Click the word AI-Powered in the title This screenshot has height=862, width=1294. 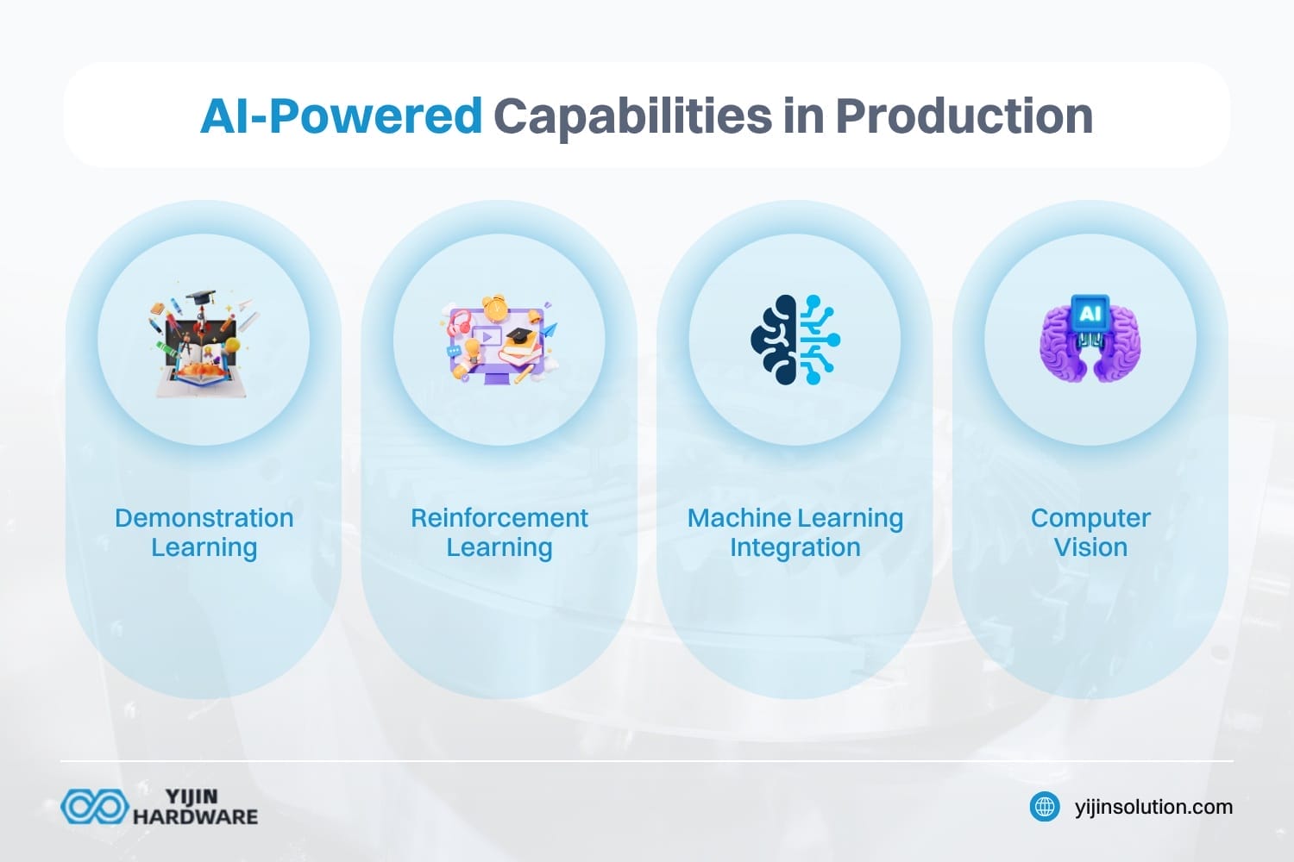(x=341, y=116)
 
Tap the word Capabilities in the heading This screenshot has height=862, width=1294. (x=632, y=117)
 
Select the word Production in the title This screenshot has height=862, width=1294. (x=964, y=116)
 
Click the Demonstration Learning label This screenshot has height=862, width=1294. (x=204, y=534)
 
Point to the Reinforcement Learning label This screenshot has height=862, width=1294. (x=499, y=534)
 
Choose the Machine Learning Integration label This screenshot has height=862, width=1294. (x=795, y=534)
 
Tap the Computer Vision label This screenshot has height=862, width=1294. (x=1090, y=533)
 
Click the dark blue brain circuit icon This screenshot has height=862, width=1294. (x=795, y=340)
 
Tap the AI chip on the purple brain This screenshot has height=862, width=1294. (x=1090, y=314)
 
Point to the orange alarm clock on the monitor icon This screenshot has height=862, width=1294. (x=495, y=307)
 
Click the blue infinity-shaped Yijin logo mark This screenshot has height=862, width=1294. (x=95, y=807)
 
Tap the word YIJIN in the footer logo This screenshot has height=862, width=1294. (x=192, y=796)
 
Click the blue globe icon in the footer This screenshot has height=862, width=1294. (x=1045, y=807)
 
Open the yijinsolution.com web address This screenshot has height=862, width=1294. (x=1153, y=807)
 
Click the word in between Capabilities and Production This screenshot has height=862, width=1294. (x=803, y=116)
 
